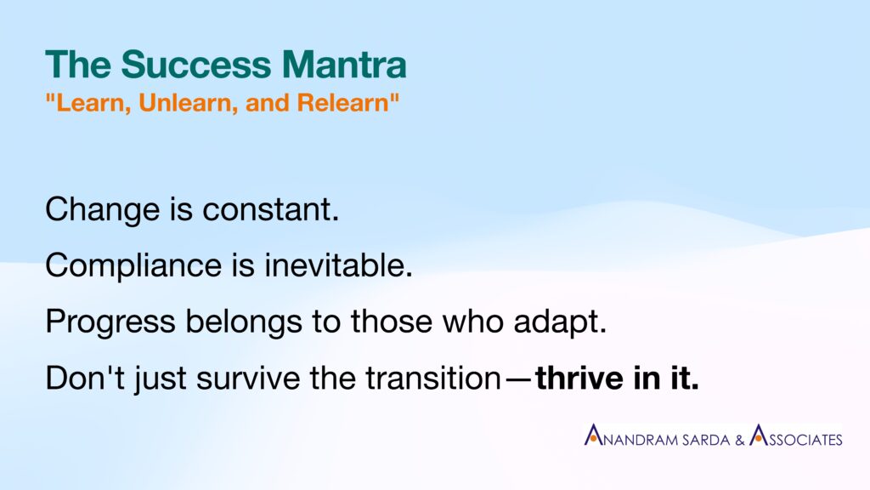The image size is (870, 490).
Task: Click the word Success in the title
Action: click(x=196, y=65)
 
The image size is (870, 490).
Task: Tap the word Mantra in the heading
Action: click(x=344, y=65)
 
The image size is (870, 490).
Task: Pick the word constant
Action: click(x=271, y=210)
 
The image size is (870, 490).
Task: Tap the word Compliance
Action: click(x=133, y=265)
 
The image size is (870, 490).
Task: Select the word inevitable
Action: click(x=338, y=265)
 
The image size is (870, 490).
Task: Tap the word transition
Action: click(x=433, y=378)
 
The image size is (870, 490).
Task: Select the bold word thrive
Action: click(x=579, y=378)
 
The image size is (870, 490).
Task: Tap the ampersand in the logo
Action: click(x=740, y=440)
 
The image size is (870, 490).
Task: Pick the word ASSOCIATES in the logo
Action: click(x=795, y=436)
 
